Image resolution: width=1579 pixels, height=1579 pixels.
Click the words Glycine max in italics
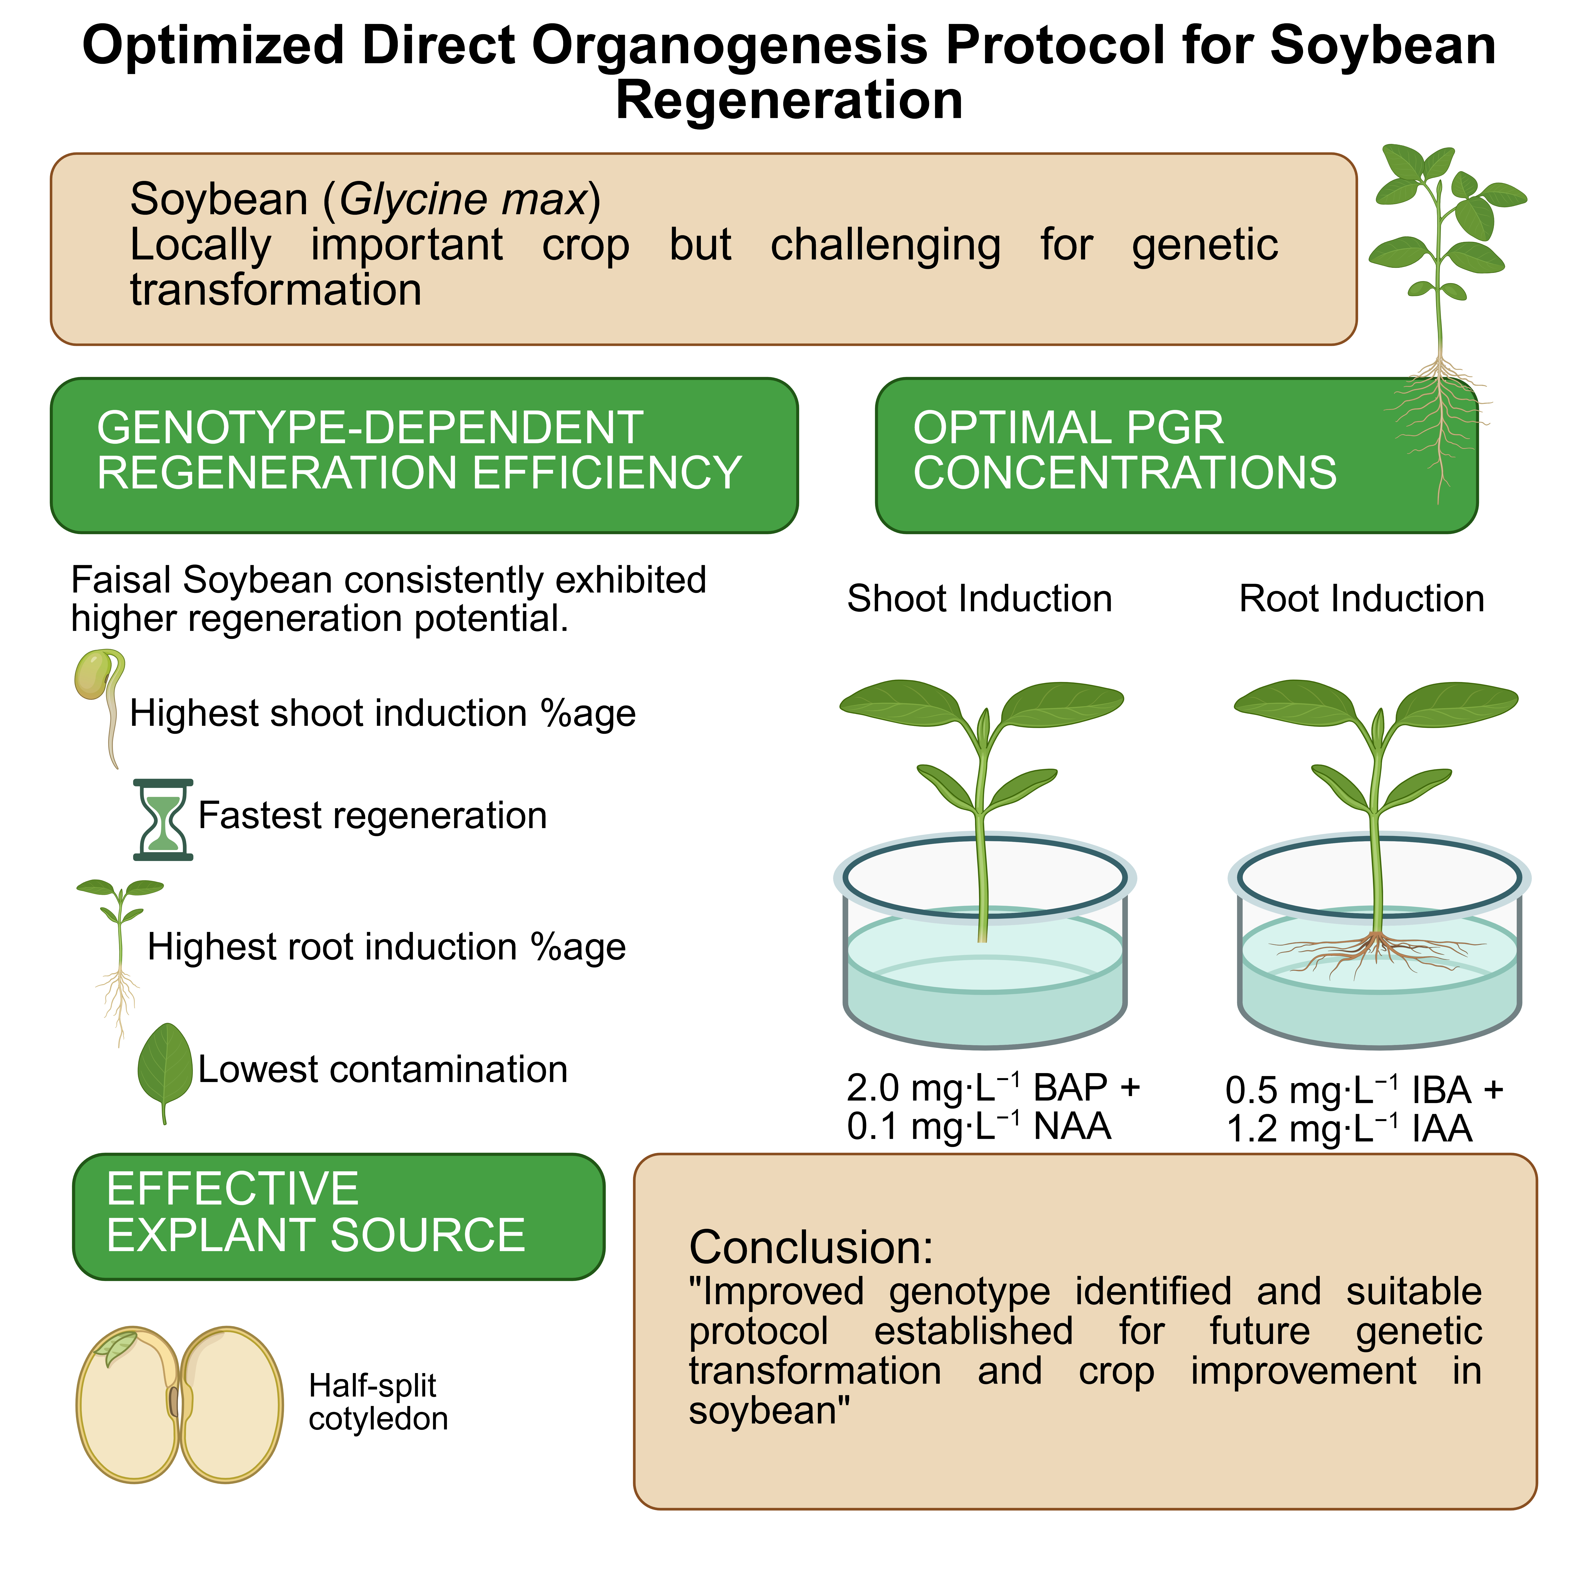[462, 199]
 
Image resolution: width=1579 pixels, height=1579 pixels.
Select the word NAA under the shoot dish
[1072, 1126]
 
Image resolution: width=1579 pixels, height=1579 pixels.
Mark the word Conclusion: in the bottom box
[811, 1247]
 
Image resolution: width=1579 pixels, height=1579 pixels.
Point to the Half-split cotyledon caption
[378, 1402]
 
